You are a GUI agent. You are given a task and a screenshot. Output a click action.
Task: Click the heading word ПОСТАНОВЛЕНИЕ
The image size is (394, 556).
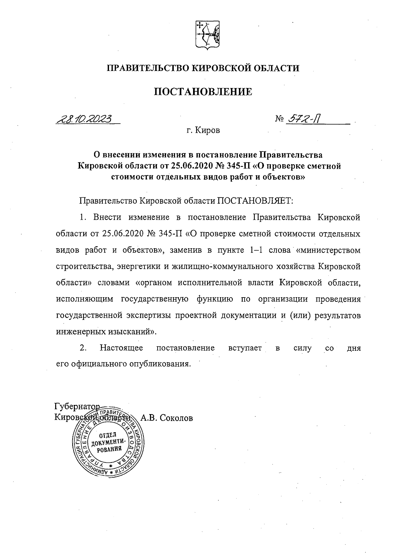pyautogui.click(x=203, y=92)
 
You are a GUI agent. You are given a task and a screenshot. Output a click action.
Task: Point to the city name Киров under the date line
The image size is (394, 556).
pyautogui.click(x=208, y=131)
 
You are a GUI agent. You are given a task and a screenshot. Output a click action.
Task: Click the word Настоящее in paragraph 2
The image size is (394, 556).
pyautogui.click(x=121, y=348)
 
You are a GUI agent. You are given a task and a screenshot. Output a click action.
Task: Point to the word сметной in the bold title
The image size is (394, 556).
pyautogui.click(x=324, y=166)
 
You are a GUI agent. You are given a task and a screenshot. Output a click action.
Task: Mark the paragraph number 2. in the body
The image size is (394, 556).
pyautogui.click(x=83, y=348)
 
